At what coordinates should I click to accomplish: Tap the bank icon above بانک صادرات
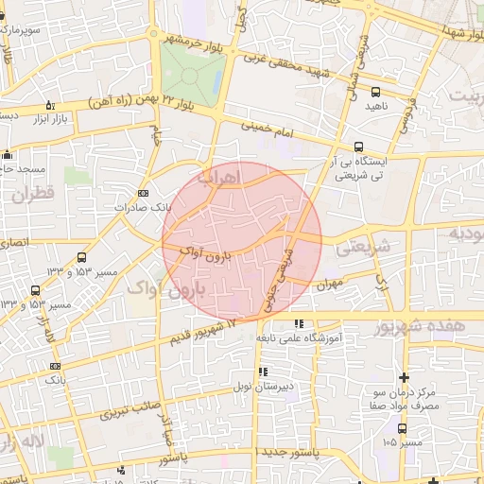tap(143, 193)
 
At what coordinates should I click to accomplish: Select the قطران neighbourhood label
tap(35, 197)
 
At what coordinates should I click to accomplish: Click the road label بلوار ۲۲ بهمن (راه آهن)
tap(138, 98)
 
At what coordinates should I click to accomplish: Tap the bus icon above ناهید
tap(376, 92)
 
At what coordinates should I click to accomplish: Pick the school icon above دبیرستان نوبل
tap(263, 372)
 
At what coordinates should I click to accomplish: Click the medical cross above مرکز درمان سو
tap(405, 377)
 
